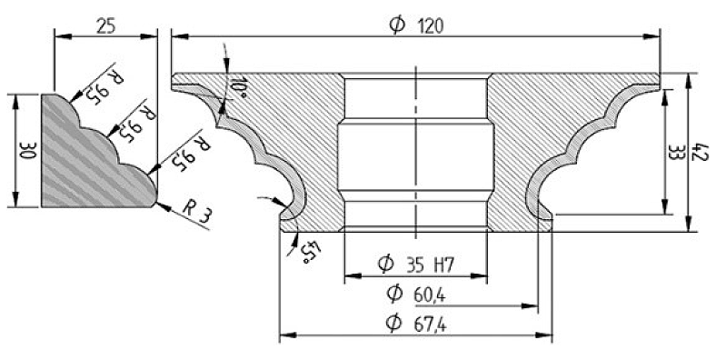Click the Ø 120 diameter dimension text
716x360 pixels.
coord(416,25)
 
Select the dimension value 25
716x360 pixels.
coord(106,26)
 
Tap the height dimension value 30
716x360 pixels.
coord(28,150)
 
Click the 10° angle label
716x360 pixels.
coord(238,87)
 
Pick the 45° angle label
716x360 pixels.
coord(311,251)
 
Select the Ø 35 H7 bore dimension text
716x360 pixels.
coord(415,264)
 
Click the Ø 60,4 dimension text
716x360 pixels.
coord(415,294)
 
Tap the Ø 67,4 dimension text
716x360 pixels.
coord(416,324)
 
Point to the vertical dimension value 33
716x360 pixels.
coord(675,152)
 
